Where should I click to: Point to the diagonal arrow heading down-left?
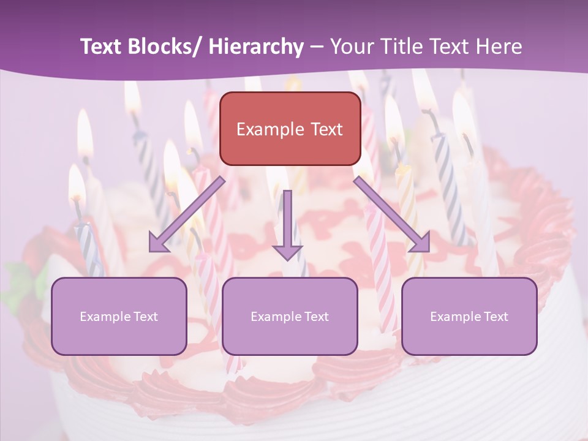[187, 214]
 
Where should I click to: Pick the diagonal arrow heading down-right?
[392, 214]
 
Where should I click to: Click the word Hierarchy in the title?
[255, 47]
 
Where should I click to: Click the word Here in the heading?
[500, 47]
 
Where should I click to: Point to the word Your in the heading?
[350, 47]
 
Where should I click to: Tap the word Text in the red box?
[326, 129]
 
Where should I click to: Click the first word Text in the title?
[103, 47]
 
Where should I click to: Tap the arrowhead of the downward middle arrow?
[288, 252]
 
